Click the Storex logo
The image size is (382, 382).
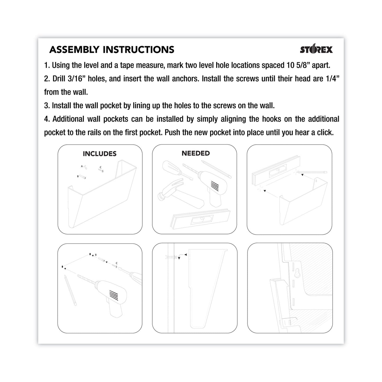[316, 49]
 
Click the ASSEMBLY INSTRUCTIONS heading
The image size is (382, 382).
[112, 50]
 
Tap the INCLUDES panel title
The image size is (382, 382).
[100, 154]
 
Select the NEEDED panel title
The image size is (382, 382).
[196, 153]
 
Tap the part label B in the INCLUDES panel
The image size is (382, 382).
[78, 176]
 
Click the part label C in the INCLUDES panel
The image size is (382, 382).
[100, 167]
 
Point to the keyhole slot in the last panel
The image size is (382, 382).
[297, 274]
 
